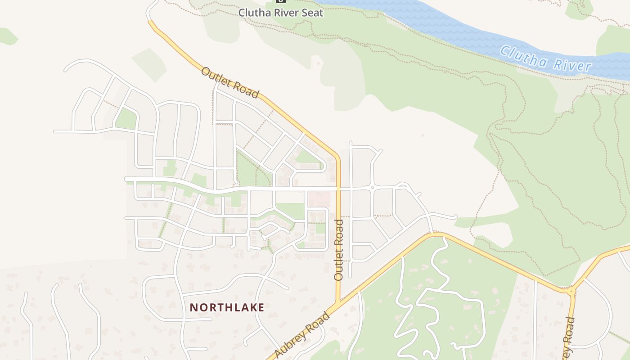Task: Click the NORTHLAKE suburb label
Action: tap(227, 307)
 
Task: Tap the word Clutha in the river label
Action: tap(522, 55)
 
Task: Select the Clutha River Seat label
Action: tap(281, 13)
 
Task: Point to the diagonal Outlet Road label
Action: tap(230, 82)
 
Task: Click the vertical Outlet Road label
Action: tap(339, 250)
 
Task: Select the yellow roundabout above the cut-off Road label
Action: tap(571, 292)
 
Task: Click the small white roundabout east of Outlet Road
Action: tap(372, 187)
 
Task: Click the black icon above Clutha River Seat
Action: tap(281, 1)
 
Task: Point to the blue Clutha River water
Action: tap(450, 27)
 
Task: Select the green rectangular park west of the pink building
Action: tap(291, 211)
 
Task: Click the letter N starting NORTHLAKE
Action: tap(193, 307)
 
